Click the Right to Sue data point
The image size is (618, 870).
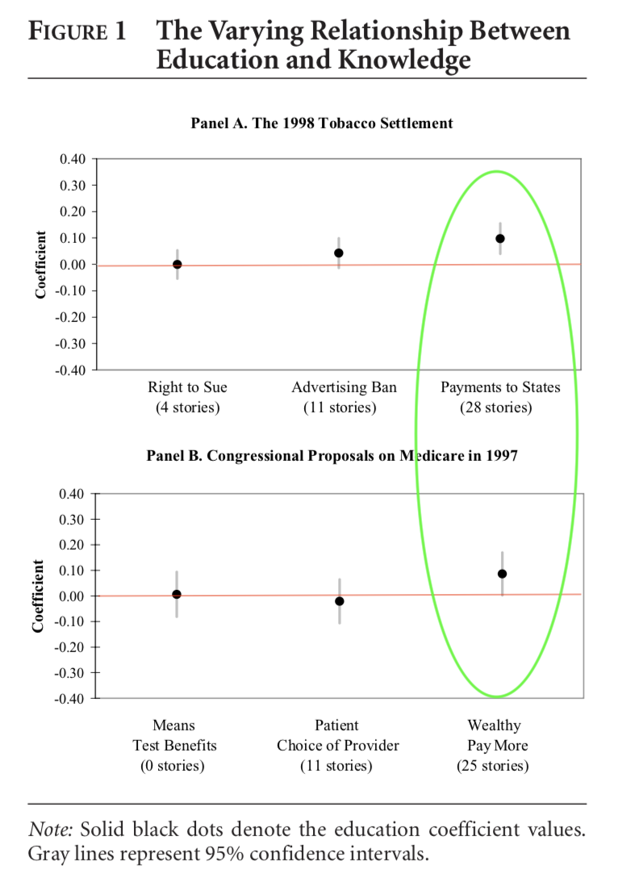pos(177,264)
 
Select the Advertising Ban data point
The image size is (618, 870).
pos(339,253)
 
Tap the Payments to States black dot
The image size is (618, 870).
pos(500,238)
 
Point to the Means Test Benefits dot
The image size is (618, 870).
pos(177,594)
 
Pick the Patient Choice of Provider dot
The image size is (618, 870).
pos(340,601)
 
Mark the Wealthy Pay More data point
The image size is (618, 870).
pos(502,574)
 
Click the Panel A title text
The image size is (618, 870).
pos(321,123)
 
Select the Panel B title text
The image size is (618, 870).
pos(332,456)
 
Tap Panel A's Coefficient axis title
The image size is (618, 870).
pos(40,265)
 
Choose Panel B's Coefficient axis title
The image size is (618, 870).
pos(38,596)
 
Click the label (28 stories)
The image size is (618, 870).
pos(496,408)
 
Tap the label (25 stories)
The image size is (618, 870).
pos(493,765)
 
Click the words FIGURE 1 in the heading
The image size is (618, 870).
pos(77,32)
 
